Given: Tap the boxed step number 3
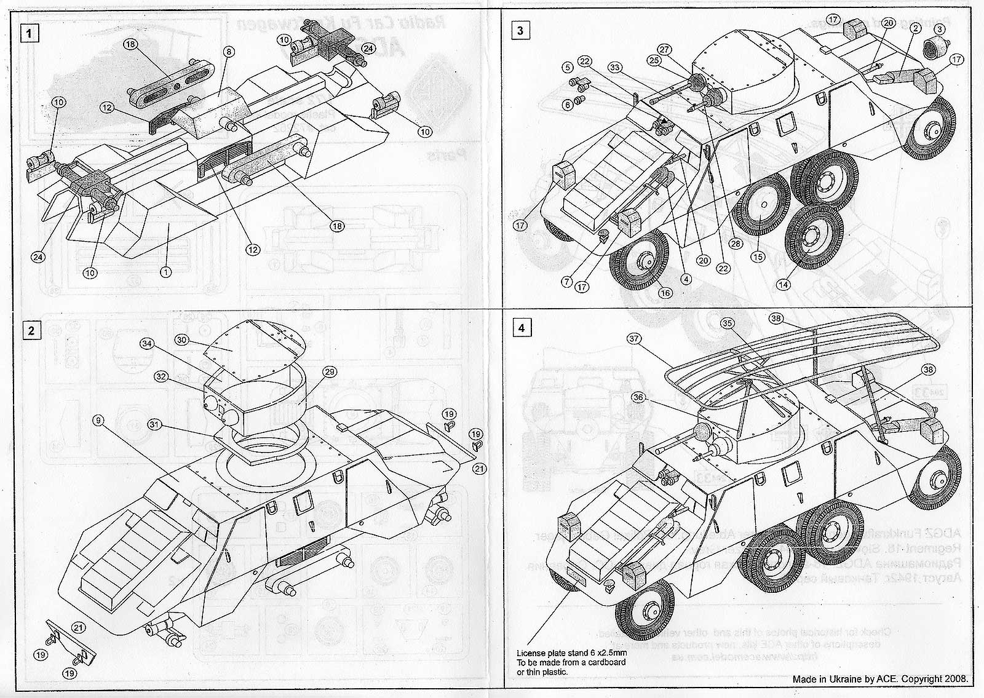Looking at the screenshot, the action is tap(520, 30).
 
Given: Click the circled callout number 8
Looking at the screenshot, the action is tap(228, 53).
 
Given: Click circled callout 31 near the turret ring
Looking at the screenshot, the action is tap(154, 424).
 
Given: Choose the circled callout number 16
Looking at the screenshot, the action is tap(664, 293).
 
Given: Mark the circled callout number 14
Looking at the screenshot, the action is tap(782, 285).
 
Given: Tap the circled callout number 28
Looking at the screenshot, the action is tap(735, 244).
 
